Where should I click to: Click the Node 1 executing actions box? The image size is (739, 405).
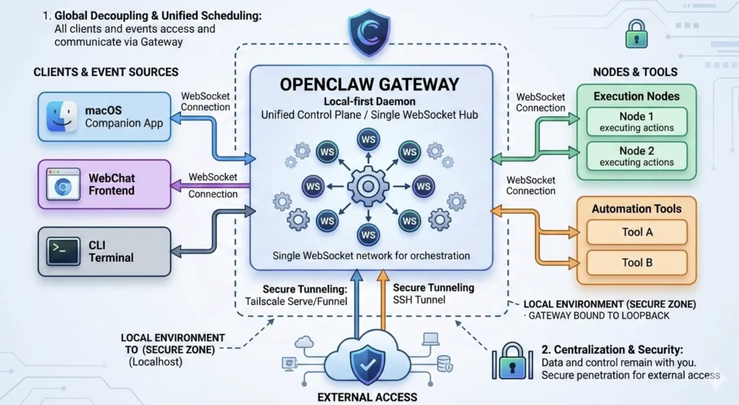click(637, 122)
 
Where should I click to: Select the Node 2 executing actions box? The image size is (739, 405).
click(637, 156)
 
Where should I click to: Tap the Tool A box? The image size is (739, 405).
click(637, 232)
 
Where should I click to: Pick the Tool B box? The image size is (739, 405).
click(637, 263)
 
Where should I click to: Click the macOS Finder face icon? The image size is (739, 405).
click(62, 117)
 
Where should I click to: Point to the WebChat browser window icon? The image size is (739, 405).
click(63, 185)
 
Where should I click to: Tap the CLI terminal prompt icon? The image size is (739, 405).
click(63, 252)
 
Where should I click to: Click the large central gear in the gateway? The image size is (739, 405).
click(368, 186)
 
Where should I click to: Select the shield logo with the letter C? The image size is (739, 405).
click(369, 32)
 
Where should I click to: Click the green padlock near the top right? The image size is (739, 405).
click(636, 34)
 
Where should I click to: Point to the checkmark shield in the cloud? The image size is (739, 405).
click(367, 364)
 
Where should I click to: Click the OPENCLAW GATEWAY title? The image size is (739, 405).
click(369, 84)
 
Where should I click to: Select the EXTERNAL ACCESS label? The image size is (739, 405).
click(367, 397)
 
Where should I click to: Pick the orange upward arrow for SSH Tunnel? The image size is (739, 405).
click(383, 300)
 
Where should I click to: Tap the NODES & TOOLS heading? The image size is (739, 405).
click(635, 72)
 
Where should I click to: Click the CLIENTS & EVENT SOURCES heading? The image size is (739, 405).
click(106, 72)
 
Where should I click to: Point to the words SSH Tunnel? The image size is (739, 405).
click(419, 300)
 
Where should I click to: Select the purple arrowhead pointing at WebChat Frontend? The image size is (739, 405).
click(175, 186)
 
